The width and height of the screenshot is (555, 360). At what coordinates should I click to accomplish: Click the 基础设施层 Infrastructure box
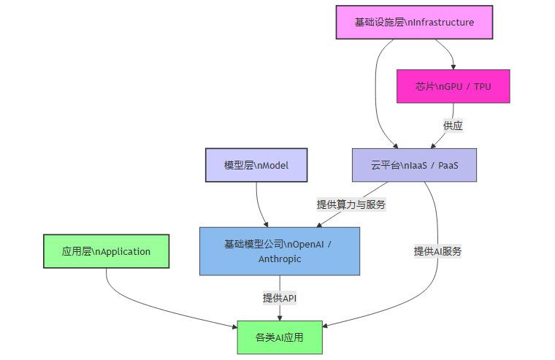click(414, 22)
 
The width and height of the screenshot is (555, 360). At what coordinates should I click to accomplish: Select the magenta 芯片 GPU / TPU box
click(453, 86)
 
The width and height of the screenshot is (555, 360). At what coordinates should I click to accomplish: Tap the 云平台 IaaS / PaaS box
click(414, 165)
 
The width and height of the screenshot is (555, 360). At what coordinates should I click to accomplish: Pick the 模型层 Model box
click(256, 165)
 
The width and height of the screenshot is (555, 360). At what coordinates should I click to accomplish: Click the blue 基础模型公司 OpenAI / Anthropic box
click(280, 250)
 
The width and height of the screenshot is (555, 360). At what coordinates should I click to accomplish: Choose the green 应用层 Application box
click(107, 251)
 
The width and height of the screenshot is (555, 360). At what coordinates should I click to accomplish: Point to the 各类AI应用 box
click(280, 337)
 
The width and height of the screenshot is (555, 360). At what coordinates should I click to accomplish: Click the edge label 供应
click(453, 126)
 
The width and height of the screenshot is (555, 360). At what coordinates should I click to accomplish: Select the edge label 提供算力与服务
click(351, 204)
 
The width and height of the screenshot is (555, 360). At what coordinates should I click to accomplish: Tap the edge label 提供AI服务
click(438, 251)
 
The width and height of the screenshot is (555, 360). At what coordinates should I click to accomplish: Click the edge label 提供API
click(280, 298)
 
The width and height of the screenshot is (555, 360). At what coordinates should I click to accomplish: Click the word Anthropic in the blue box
click(280, 258)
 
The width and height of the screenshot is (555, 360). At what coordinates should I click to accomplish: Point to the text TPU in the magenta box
click(482, 86)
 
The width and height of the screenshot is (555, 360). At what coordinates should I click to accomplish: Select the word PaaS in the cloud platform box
click(447, 165)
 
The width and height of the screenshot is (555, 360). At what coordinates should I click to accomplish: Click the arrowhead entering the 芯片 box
click(453, 66)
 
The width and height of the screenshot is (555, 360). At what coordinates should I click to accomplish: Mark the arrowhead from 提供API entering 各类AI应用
click(280, 317)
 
